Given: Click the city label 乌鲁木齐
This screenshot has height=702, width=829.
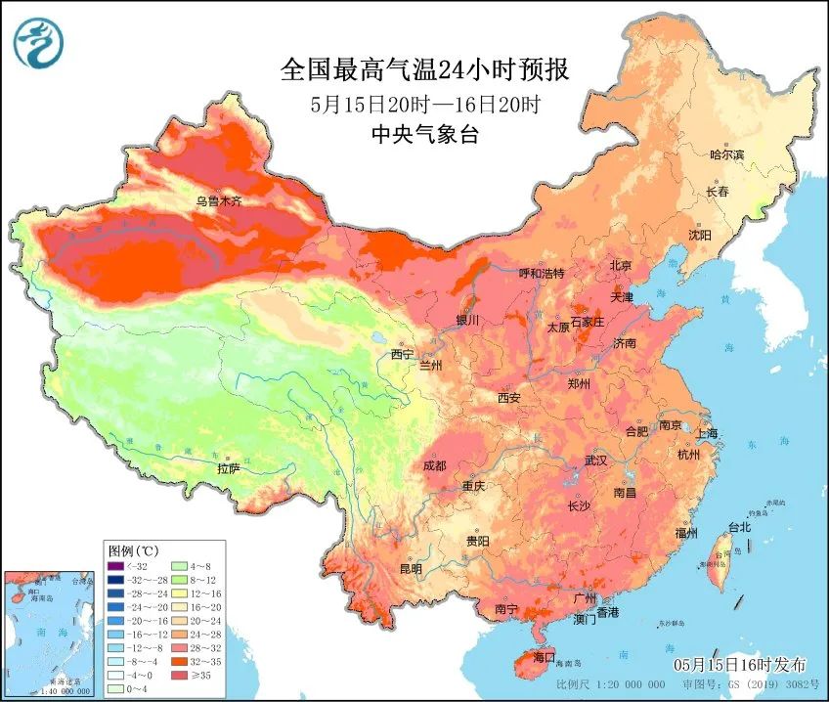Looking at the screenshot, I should [217, 201].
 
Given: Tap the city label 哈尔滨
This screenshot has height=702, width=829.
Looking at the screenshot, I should [726, 154].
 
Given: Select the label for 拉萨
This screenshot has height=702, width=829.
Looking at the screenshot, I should [228, 469].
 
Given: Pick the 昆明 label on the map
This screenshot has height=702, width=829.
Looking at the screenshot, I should [411, 568].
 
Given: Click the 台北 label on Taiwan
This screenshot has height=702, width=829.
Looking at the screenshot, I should [739, 527].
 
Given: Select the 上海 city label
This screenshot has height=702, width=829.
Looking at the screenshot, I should [708, 433].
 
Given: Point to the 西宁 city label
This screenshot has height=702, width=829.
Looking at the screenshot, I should [402, 354].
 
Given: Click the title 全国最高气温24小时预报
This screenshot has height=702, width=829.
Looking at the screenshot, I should [424, 70].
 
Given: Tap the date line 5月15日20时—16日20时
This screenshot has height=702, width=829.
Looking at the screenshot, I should [424, 104].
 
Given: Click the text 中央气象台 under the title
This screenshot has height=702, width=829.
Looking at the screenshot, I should [424, 135].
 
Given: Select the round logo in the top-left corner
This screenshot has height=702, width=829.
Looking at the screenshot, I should [37, 43].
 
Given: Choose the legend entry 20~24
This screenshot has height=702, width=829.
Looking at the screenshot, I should [191, 620].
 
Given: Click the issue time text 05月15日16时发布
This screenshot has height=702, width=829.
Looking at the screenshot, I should [747, 664].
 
